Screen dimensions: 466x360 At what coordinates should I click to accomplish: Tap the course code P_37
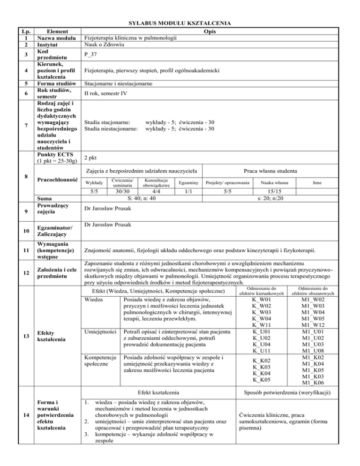pos(91,54)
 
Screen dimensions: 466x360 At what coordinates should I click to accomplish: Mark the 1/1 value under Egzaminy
pos(188,191)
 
